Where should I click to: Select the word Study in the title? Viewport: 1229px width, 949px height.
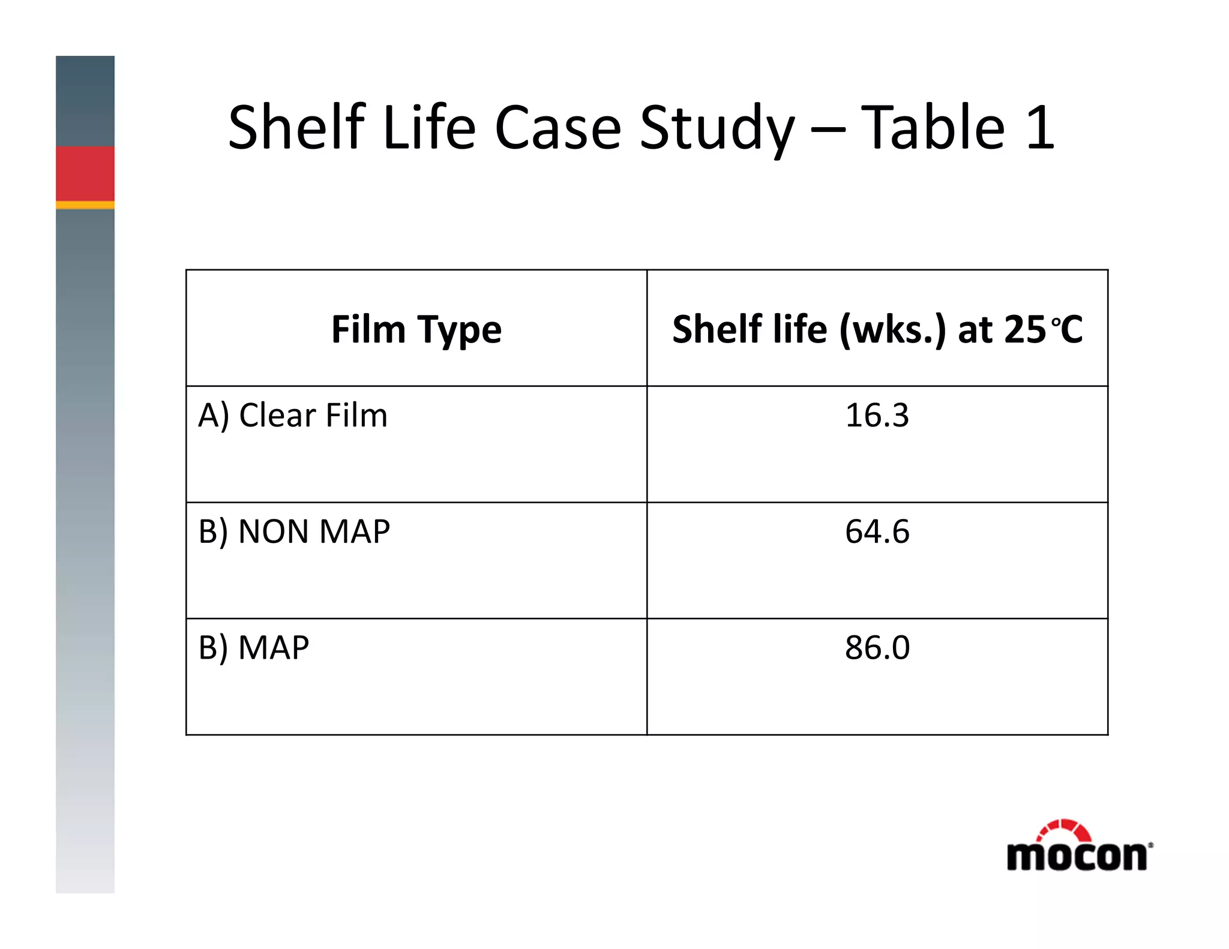[x=717, y=128]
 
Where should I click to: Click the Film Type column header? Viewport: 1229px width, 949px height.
[x=416, y=329]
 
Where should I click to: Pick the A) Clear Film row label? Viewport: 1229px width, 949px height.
[x=293, y=415]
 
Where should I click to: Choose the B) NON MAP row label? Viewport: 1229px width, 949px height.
[x=294, y=531]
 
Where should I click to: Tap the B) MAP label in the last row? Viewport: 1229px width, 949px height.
[x=254, y=648]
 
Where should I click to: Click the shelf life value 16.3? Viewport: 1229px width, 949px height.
[x=877, y=415]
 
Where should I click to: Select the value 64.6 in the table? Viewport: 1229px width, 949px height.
[x=877, y=531]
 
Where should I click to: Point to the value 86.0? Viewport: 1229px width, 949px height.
[x=877, y=648]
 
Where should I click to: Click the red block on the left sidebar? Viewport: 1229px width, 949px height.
[x=85, y=173]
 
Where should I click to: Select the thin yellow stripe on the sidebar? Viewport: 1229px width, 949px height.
[x=85, y=205]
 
